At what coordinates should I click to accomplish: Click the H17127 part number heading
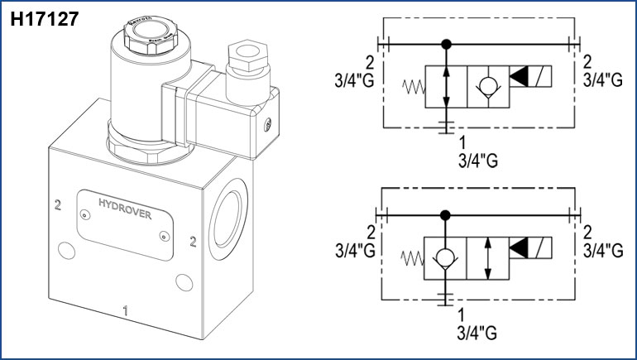[45, 19]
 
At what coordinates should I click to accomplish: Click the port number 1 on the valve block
[125, 311]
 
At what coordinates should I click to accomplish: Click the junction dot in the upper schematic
[447, 43]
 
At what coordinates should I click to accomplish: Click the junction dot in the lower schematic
[447, 214]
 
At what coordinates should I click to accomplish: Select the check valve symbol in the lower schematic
[447, 257]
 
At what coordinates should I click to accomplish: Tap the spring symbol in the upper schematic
[412, 86]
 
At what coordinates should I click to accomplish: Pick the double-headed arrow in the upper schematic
[447, 86]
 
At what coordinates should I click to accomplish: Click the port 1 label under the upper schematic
[462, 141]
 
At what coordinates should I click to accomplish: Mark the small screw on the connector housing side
[267, 125]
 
